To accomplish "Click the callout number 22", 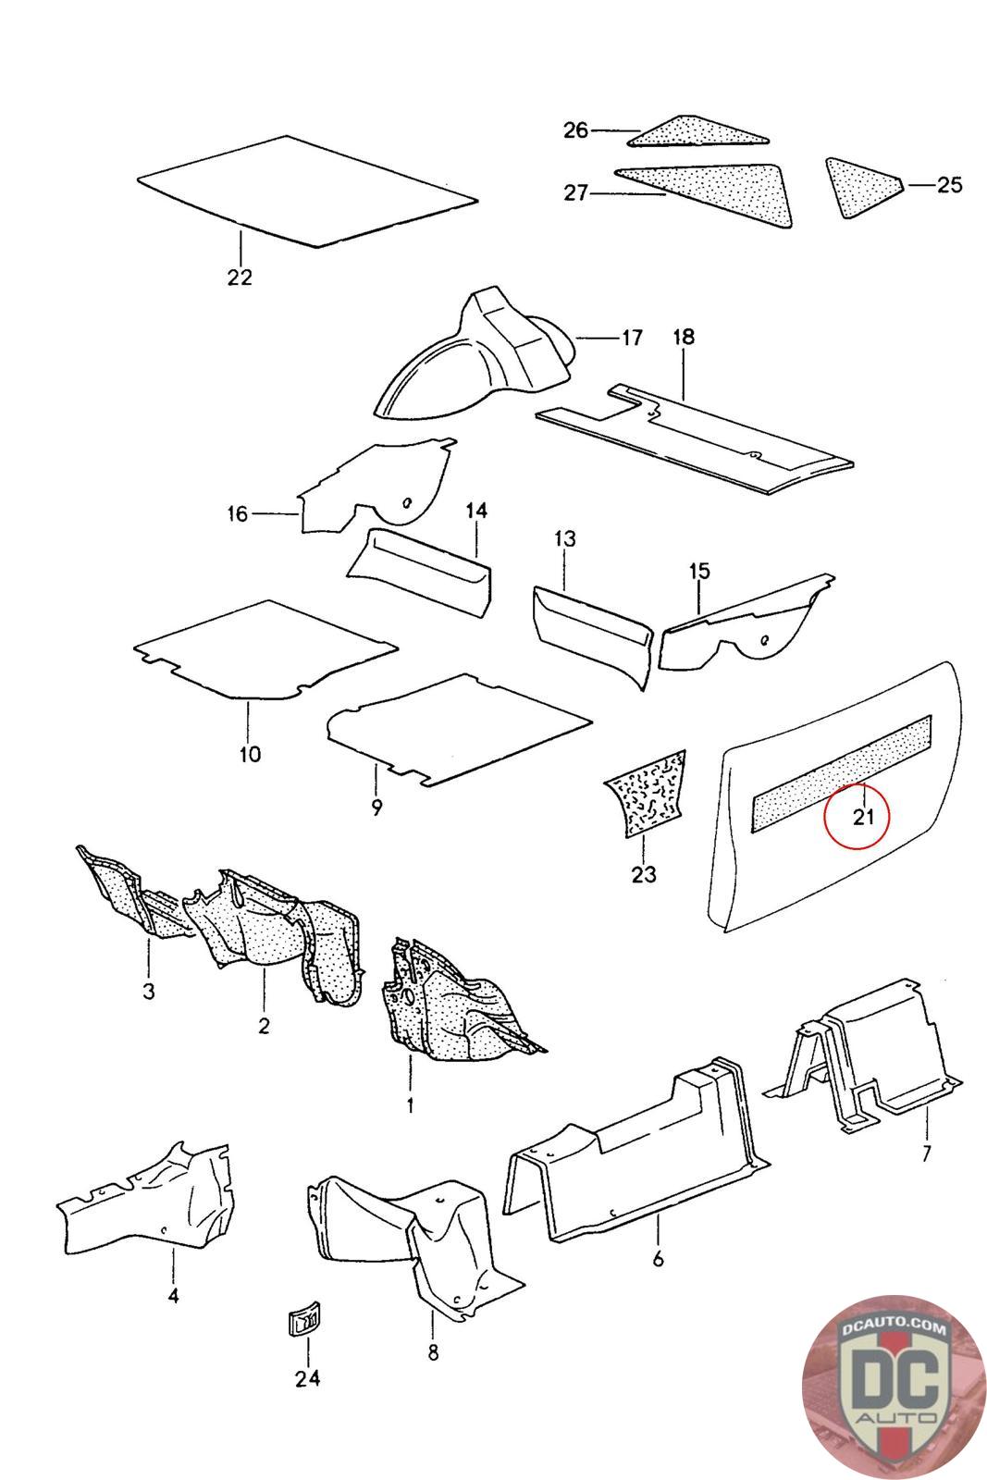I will [240, 277].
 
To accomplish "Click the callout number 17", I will [631, 338].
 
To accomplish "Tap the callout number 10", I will [250, 754].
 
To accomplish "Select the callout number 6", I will [658, 1259].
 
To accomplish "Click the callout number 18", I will [683, 337].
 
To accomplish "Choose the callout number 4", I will [173, 1296].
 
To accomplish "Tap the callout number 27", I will [576, 194].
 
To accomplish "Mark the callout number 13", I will [565, 538].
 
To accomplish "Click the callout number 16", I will [238, 513].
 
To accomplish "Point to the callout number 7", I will [926, 1153].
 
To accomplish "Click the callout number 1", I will [410, 1104].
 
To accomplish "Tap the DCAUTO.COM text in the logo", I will [893, 1330].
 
